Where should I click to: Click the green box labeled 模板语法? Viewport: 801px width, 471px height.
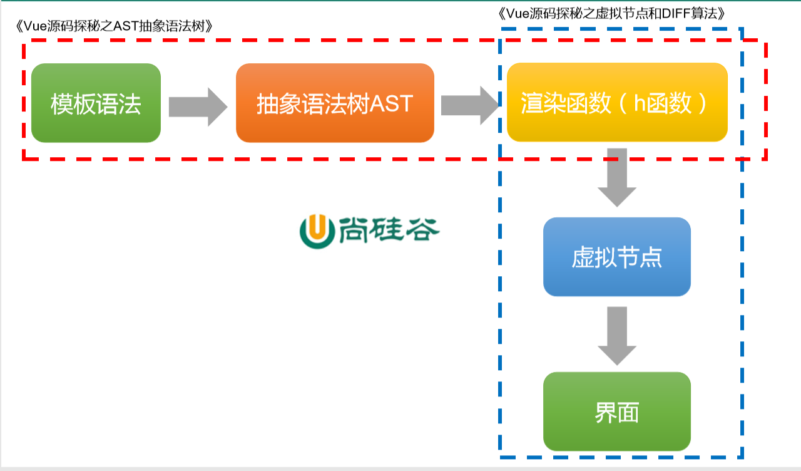(x=96, y=103)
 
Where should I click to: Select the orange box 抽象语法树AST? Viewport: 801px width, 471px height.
(x=335, y=103)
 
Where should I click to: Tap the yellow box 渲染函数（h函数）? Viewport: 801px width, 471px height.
(x=617, y=102)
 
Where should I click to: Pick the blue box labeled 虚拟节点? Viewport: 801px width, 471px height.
(x=616, y=257)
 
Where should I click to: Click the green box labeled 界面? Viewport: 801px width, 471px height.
(x=616, y=411)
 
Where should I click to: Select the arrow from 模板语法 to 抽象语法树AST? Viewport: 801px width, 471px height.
(x=198, y=106)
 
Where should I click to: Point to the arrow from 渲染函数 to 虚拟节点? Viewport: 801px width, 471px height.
(x=616, y=177)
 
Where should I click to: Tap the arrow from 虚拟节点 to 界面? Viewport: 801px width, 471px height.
(x=616, y=336)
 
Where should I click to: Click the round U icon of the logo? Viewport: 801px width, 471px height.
(x=317, y=230)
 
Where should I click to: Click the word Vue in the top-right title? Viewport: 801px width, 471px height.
(x=516, y=14)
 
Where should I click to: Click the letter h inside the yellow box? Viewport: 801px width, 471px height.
(x=640, y=103)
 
